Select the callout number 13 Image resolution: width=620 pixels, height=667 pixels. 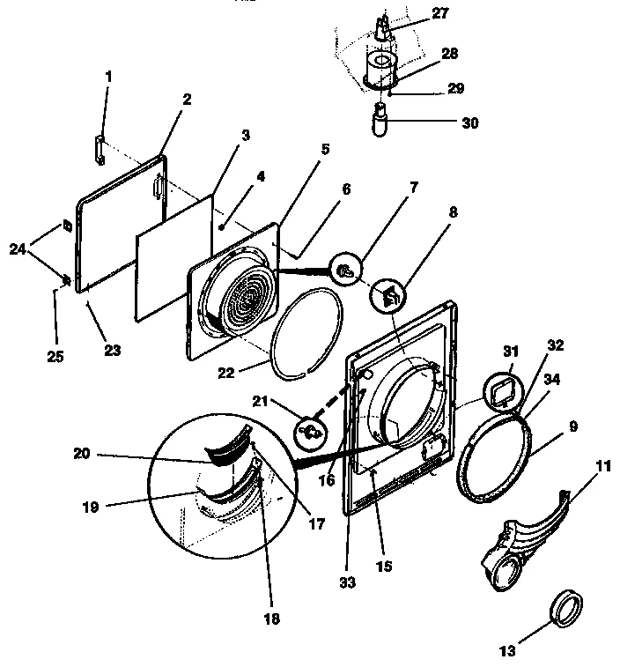click(x=507, y=651)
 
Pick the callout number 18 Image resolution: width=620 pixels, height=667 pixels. click(x=270, y=619)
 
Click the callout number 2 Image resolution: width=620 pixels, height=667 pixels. click(x=187, y=100)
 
